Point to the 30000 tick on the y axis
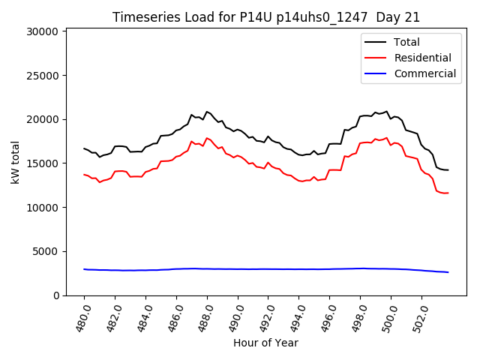click(x=43, y=31)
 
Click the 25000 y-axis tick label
click(x=43, y=76)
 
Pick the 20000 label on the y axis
click(x=43, y=119)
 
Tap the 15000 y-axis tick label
click(x=43, y=163)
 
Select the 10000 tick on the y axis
click(x=43, y=208)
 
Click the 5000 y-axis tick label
click(x=46, y=251)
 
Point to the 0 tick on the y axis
click(x=55, y=295)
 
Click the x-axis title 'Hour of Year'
click(x=265, y=343)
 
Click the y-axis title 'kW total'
click(x=15, y=162)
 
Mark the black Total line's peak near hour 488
click(x=207, y=112)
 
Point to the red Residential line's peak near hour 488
click(x=207, y=138)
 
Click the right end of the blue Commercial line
click(x=448, y=272)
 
